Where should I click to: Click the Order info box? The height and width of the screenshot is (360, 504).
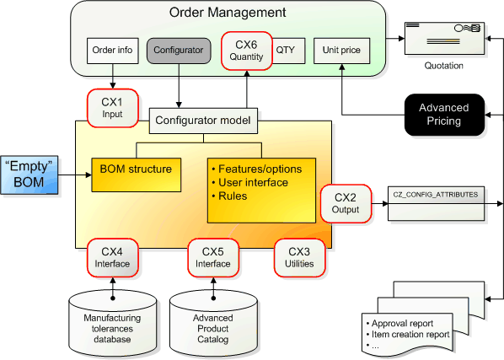click(112, 51)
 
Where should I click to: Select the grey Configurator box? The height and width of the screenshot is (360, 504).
click(179, 51)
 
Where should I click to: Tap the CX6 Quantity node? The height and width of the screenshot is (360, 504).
click(247, 51)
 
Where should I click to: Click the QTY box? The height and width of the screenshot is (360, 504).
click(288, 51)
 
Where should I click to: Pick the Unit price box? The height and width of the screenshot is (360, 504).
click(341, 51)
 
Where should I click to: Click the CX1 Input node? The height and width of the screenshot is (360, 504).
click(112, 108)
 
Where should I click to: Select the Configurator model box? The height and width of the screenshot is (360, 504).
click(203, 121)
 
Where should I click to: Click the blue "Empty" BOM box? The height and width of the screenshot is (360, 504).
click(29, 175)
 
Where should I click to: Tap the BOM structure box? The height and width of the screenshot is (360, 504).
click(136, 175)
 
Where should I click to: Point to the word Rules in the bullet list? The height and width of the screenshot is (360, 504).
click(233, 196)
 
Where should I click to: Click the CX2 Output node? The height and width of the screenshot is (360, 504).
click(346, 203)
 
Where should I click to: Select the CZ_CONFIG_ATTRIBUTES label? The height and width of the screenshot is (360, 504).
click(436, 195)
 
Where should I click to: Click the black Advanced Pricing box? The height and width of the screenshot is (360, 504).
click(444, 115)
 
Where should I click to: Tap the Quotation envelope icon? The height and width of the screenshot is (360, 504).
click(444, 38)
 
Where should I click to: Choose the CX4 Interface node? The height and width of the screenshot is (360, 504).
click(112, 258)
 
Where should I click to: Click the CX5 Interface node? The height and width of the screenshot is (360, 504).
click(213, 258)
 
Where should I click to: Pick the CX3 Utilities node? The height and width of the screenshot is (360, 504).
click(299, 258)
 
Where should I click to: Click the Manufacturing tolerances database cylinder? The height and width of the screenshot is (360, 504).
click(112, 323)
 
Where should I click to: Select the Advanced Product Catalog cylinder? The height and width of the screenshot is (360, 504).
click(213, 323)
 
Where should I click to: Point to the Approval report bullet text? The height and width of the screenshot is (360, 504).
click(402, 324)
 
